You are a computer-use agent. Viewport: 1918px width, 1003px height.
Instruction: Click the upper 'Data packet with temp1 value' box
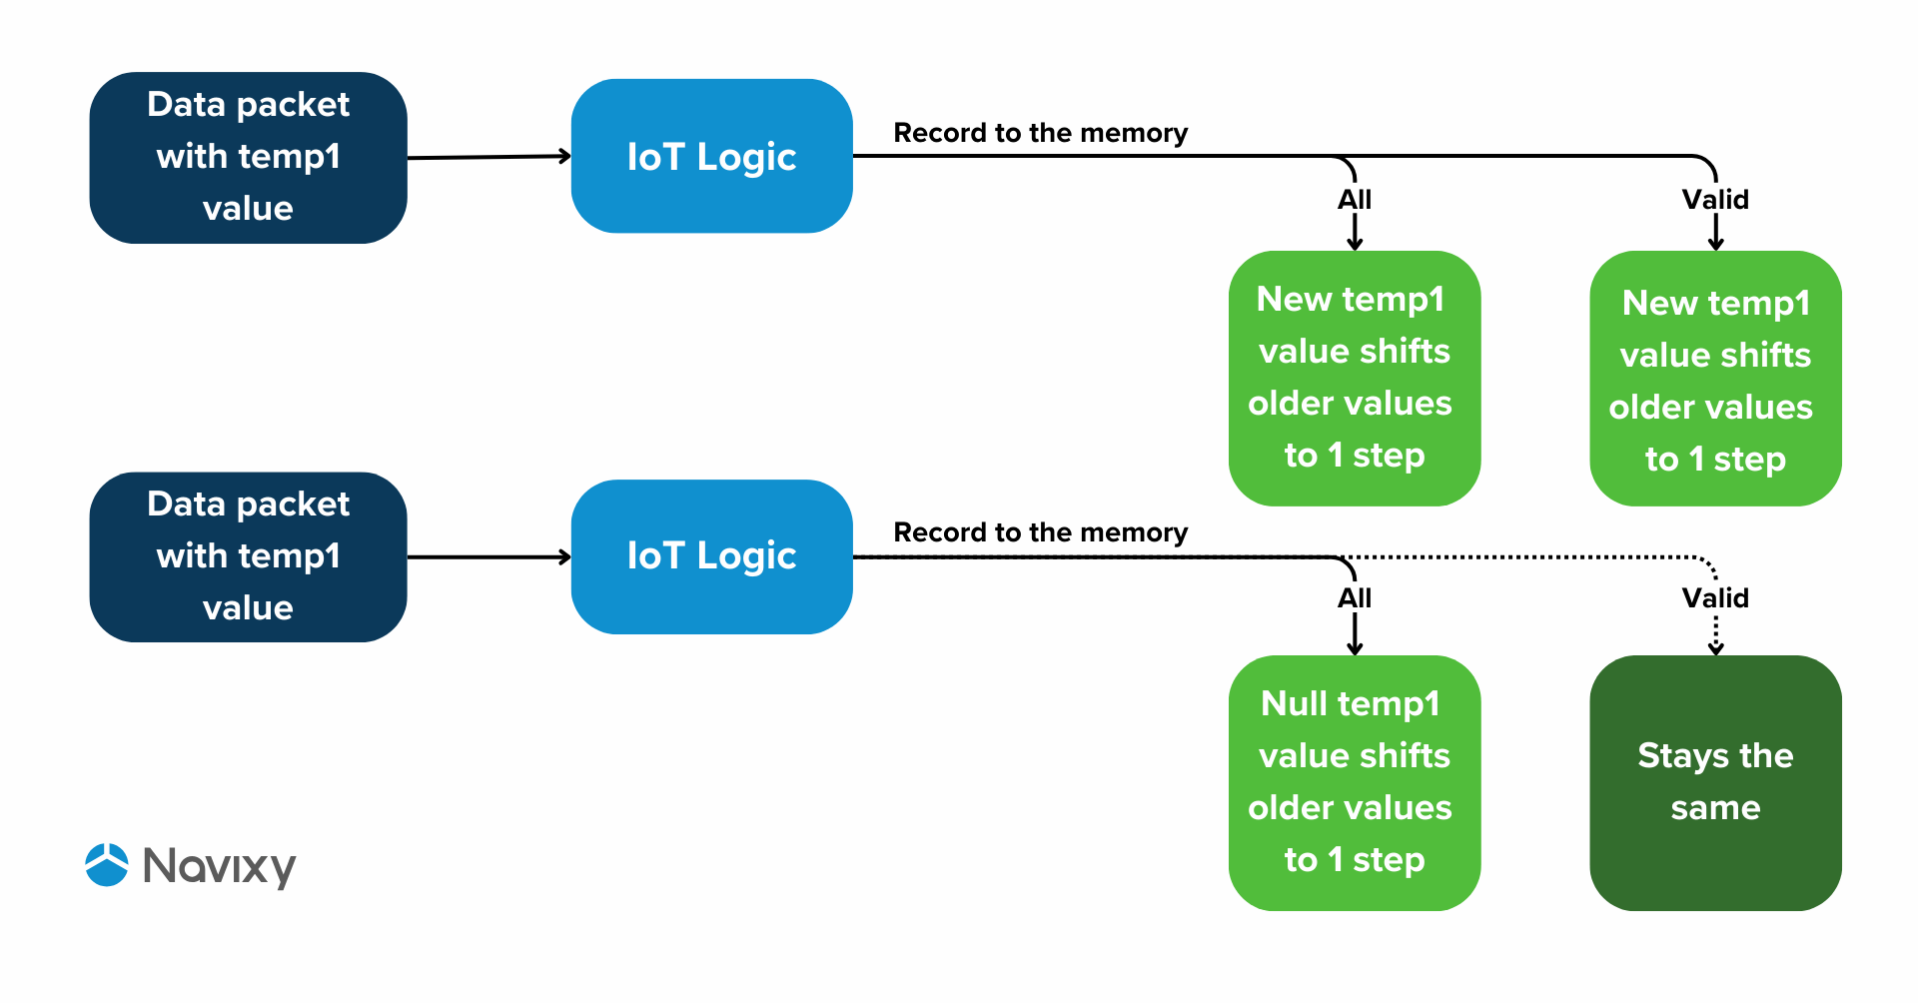(x=248, y=157)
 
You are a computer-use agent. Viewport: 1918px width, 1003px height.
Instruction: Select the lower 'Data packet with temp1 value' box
(x=248, y=556)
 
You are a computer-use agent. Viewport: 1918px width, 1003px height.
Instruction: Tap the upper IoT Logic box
(x=711, y=156)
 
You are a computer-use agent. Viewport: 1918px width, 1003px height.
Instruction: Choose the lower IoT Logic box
(x=711, y=556)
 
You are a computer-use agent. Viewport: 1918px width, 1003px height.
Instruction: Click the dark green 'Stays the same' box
(x=1715, y=782)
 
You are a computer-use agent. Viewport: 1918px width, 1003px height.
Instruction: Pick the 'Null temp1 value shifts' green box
(x=1354, y=782)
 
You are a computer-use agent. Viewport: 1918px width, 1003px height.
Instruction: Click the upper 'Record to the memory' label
(x=1040, y=133)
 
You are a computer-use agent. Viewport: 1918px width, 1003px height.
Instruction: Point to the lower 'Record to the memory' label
(x=1040, y=532)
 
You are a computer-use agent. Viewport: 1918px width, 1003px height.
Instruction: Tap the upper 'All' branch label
(x=1354, y=200)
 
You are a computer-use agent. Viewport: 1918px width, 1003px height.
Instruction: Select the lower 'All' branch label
(x=1354, y=598)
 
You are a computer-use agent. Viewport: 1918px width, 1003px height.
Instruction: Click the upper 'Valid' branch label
(x=1715, y=200)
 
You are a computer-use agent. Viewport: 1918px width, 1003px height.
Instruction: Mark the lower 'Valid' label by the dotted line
(x=1715, y=598)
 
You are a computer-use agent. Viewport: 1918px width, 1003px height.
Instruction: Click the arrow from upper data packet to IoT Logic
(x=488, y=157)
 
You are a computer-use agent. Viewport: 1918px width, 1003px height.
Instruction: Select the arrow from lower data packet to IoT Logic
(x=488, y=556)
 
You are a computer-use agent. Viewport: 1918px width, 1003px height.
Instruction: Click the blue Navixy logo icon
(x=107, y=865)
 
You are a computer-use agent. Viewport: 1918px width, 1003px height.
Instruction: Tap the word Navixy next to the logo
(x=219, y=866)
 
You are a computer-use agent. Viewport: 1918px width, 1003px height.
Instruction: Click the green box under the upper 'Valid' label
(x=1715, y=379)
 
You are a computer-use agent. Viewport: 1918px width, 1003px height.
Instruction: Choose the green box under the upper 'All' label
(x=1354, y=379)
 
